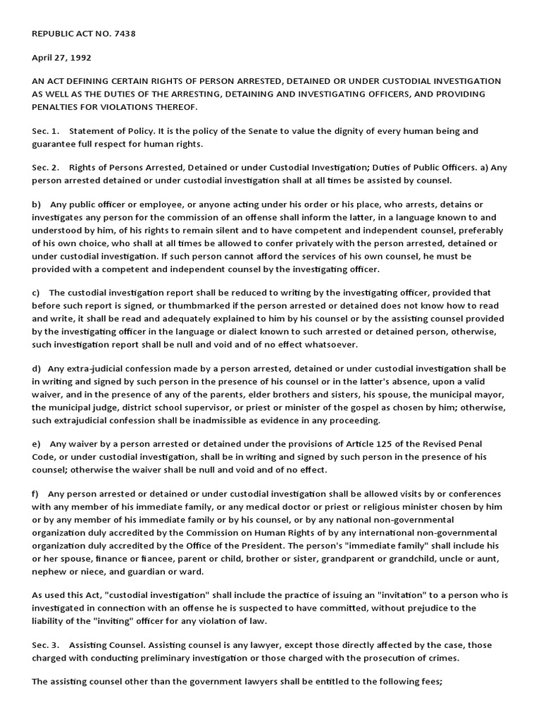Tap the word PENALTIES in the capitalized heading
pos(61,106)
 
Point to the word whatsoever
pos(332,344)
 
